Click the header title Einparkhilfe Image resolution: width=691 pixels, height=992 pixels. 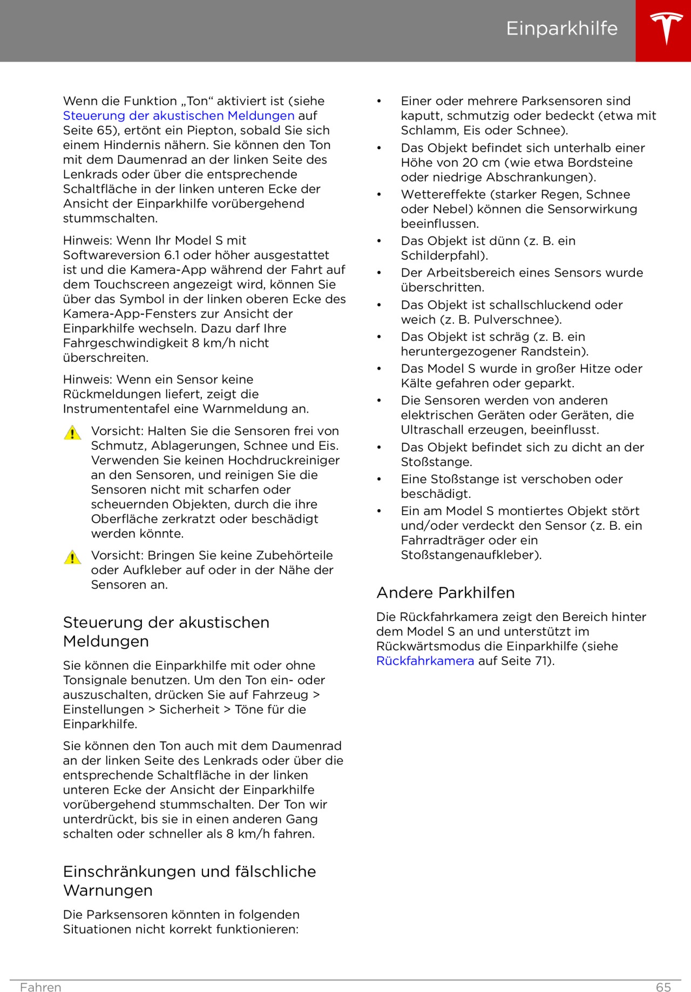click(x=561, y=29)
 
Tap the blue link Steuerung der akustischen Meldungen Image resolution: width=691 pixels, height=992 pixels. click(x=179, y=116)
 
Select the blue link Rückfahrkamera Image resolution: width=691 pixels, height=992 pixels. click(x=425, y=661)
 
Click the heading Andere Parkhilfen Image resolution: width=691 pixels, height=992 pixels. click(x=445, y=593)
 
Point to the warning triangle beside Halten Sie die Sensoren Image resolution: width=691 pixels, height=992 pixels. click(x=72, y=433)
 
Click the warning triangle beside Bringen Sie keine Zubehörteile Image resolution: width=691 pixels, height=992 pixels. click(x=72, y=557)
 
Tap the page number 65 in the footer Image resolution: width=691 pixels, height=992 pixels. click(x=663, y=987)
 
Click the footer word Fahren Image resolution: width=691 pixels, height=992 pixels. click(x=40, y=987)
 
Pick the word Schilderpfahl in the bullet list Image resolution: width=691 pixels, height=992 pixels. click(x=443, y=256)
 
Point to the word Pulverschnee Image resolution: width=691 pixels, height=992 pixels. click(x=517, y=320)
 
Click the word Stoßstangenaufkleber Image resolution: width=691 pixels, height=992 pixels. click(x=470, y=555)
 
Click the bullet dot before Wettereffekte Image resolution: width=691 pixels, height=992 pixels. click(x=379, y=194)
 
